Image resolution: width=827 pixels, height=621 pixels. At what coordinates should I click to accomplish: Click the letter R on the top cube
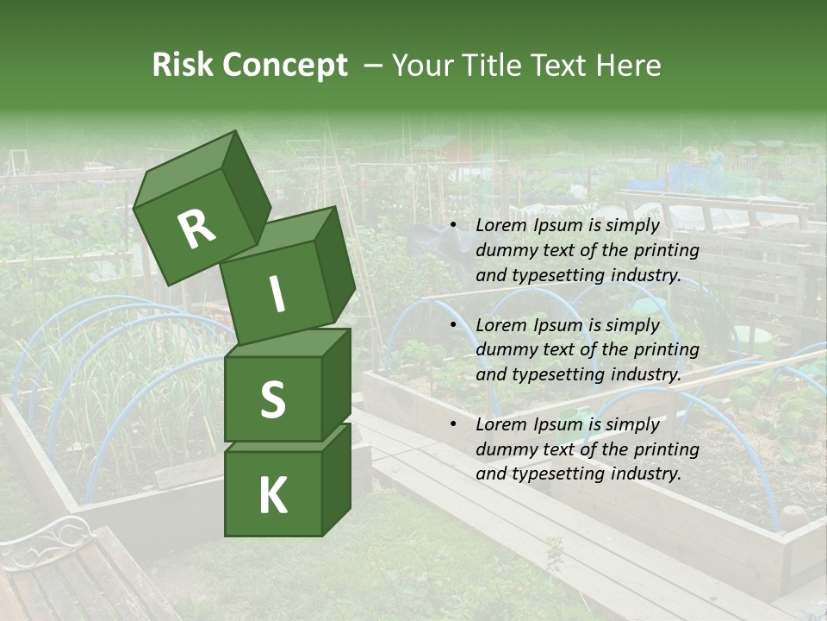[x=196, y=229]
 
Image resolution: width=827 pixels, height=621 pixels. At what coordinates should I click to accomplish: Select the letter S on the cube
[x=272, y=399]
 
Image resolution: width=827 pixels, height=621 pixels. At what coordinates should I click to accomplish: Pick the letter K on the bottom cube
[x=272, y=496]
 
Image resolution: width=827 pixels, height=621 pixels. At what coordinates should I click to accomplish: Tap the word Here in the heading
[x=630, y=66]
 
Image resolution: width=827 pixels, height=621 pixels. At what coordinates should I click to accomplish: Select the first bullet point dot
[x=454, y=226]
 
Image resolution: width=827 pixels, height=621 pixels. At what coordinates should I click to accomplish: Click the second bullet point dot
[x=454, y=325]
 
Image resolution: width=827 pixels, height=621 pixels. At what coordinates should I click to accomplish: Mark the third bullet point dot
[x=454, y=424]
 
